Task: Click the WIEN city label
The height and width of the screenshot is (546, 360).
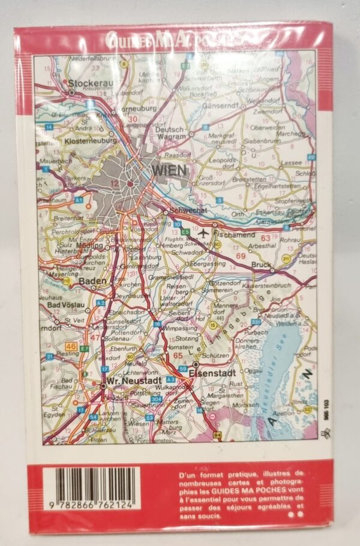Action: [170, 170]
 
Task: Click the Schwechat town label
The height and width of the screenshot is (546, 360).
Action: [188, 211]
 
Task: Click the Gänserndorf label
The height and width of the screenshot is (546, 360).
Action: [226, 106]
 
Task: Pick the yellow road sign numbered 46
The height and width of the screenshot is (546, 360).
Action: [71, 347]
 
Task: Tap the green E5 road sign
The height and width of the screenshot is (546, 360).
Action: [186, 232]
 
